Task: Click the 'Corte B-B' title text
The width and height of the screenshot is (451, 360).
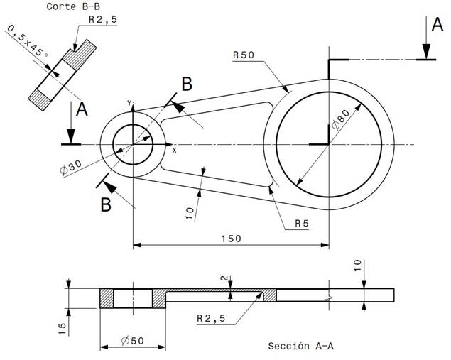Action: (x=73, y=6)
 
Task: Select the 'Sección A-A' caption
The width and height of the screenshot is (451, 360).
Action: (x=301, y=346)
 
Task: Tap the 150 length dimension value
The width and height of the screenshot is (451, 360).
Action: (x=232, y=239)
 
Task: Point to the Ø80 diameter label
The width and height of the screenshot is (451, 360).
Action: (x=340, y=119)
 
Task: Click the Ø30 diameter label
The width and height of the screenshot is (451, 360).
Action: (x=71, y=168)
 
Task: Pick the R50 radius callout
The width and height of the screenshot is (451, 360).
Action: (x=244, y=55)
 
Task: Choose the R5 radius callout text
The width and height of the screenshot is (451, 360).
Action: (x=302, y=224)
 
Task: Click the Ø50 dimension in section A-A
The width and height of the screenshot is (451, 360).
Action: (x=133, y=341)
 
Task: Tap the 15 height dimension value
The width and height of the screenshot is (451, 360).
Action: (x=63, y=329)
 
